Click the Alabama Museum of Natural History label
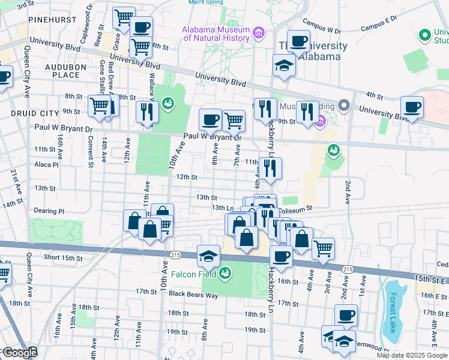pyautogui.click(x=216, y=34)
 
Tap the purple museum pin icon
pyautogui.click(x=259, y=32)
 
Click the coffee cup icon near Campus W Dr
pyautogui.click(x=298, y=42)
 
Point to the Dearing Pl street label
pyautogui.click(x=49, y=211)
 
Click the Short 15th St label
pyautogui.click(x=62, y=257)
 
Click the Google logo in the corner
pyautogui.click(x=19, y=353)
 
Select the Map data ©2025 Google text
pyautogui.click(x=412, y=355)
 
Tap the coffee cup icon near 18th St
pyautogui.click(x=345, y=315)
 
